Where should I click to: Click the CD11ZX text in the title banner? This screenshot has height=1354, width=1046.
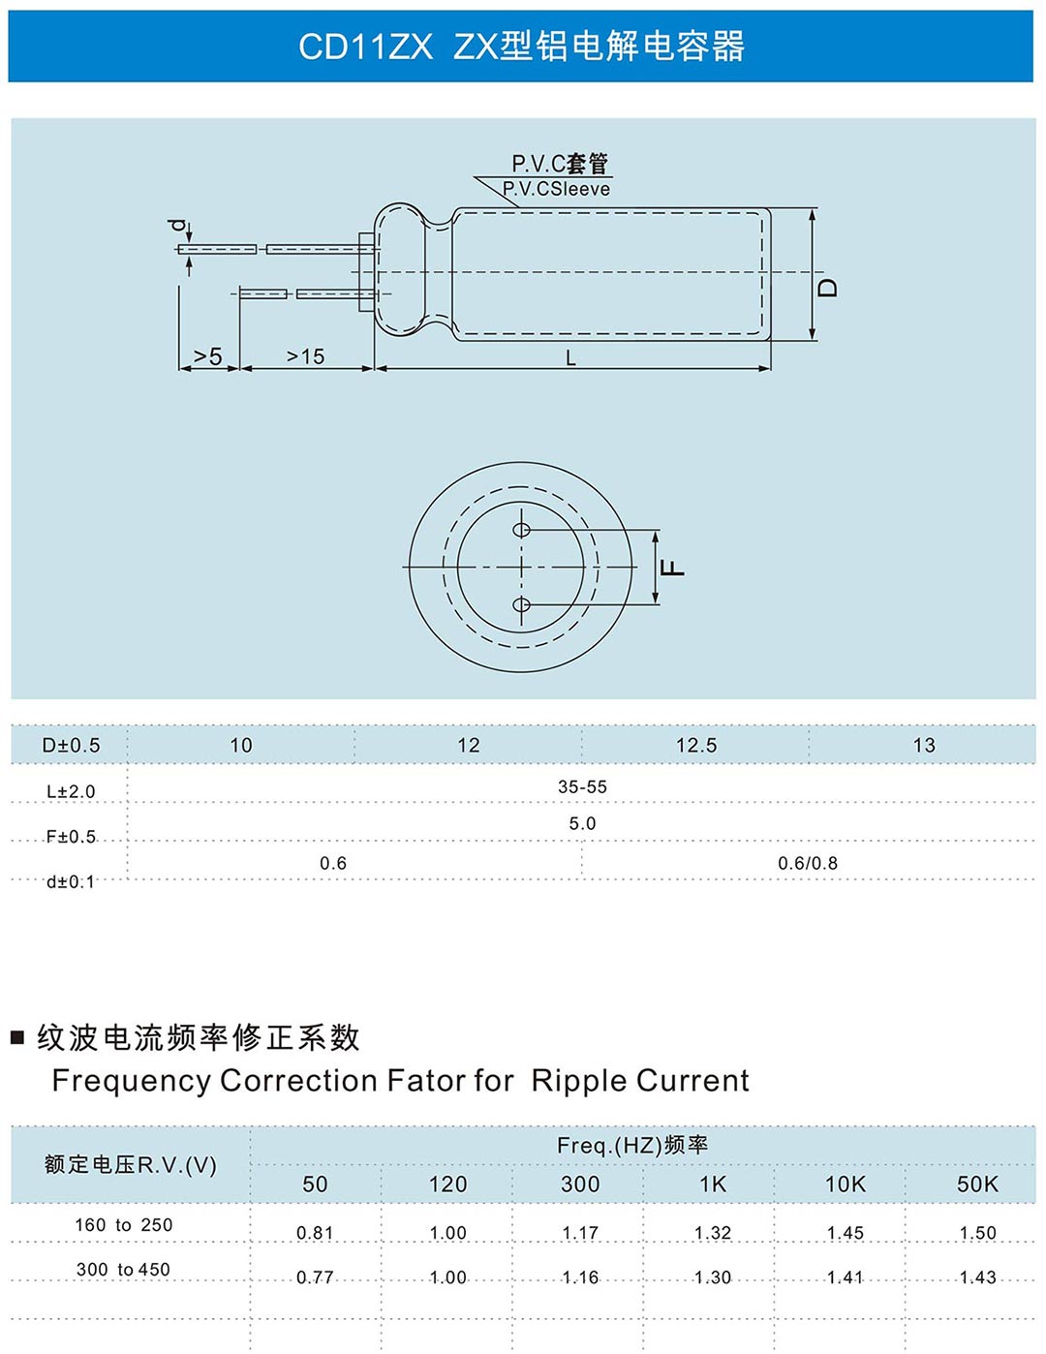[366, 46]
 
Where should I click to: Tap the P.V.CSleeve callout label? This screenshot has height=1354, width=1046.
[556, 189]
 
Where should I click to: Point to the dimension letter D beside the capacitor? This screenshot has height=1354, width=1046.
[827, 288]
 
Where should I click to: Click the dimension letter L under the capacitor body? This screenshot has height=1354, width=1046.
[570, 357]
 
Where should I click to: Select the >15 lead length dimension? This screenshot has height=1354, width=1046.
[305, 356]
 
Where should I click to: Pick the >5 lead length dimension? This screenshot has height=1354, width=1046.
[207, 356]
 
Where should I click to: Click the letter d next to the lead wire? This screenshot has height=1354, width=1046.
[178, 226]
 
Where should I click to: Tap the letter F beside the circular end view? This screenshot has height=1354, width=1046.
[672, 568]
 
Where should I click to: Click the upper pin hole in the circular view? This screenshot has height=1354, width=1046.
[521, 530]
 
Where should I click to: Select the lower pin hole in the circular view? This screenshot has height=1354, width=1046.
[521, 604]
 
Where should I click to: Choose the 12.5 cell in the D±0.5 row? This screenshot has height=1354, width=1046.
[696, 745]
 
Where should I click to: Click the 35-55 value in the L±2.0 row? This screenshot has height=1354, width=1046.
[582, 787]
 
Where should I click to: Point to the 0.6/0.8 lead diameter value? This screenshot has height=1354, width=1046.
[808, 863]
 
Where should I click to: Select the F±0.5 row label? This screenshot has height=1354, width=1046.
[71, 836]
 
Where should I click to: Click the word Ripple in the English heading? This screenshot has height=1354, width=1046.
[579, 1081]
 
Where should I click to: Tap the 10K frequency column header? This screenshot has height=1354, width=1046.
[846, 1184]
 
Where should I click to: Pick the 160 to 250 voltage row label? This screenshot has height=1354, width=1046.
[123, 1225]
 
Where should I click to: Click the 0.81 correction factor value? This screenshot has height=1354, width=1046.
[315, 1233]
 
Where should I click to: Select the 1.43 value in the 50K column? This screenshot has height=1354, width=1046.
[978, 1277]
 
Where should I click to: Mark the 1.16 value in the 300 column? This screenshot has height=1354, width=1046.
[580, 1277]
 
